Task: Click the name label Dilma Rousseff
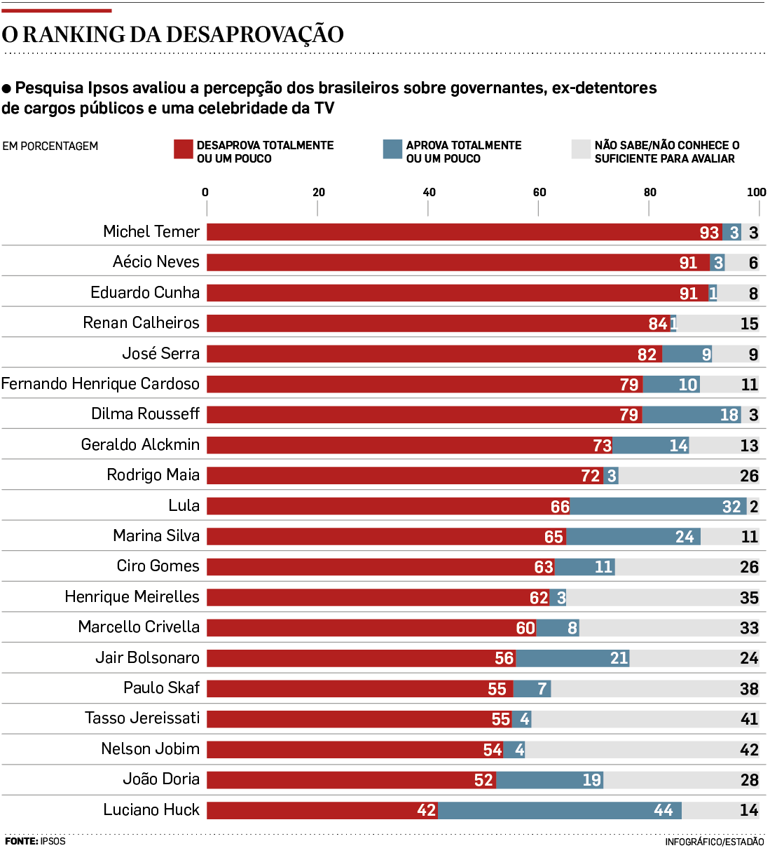tap(145, 414)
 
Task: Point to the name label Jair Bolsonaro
tap(147, 658)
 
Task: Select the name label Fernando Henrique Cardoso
tap(100, 384)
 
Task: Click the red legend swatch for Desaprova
tap(184, 149)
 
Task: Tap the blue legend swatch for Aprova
tap(392, 149)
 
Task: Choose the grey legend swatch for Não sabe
tap(581, 149)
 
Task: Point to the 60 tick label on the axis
tap(539, 192)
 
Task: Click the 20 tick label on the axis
tap(319, 192)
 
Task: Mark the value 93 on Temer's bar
tap(709, 233)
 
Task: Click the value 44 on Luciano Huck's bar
tap(663, 810)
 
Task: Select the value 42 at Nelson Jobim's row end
tap(749, 750)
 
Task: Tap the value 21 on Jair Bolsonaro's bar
tap(619, 658)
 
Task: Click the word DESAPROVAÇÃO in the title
tap(254, 34)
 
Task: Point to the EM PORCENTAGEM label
tap(50, 146)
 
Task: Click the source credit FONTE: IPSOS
tap(35, 841)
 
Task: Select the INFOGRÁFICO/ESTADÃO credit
tap(714, 842)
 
